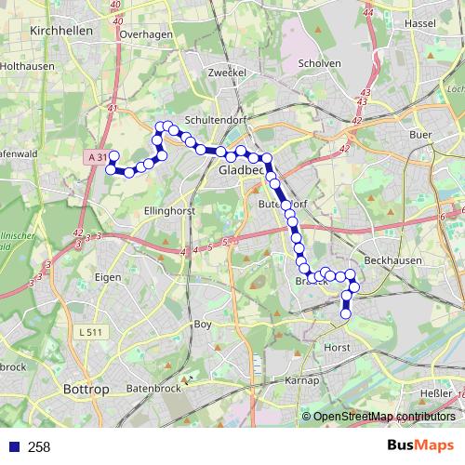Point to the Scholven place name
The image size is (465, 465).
pyautogui.click(x=320, y=63)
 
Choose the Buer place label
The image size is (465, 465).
pyautogui.click(x=421, y=134)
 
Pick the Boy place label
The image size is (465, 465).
pyautogui.click(x=202, y=325)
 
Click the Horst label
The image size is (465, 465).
pyautogui.click(x=337, y=347)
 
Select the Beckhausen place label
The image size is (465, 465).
pyautogui.click(x=394, y=261)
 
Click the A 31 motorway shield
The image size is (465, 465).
pyautogui.click(x=97, y=158)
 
